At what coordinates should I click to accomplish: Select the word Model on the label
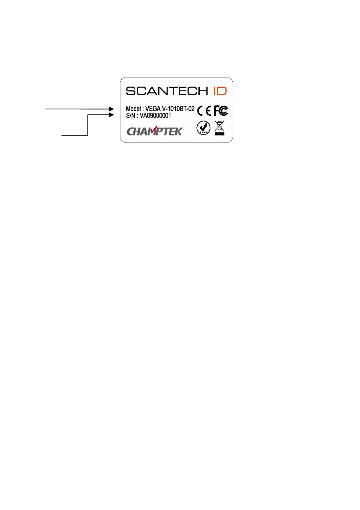click(134, 109)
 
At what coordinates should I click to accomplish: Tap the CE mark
click(204, 111)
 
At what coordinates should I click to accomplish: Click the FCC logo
click(222, 111)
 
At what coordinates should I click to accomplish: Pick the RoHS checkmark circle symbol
click(202, 128)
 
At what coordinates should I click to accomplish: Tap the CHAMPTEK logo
click(154, 130)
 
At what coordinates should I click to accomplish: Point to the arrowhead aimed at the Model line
click(112, 109)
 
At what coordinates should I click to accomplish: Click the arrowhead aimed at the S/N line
click(112, 115)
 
